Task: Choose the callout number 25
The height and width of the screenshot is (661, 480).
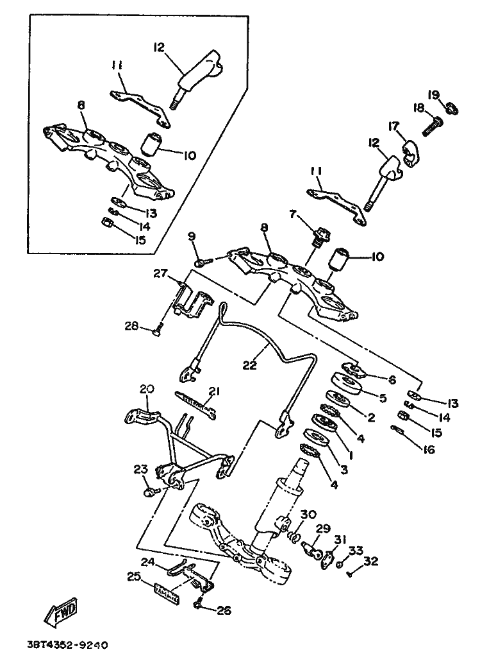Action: click(133, 577)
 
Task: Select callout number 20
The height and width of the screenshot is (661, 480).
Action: click(147, 389)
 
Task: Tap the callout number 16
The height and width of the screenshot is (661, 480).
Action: click(428, 450)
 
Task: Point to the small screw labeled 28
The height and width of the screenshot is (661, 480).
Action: click(157, 330)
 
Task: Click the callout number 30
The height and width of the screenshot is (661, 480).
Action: click(308, 514)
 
